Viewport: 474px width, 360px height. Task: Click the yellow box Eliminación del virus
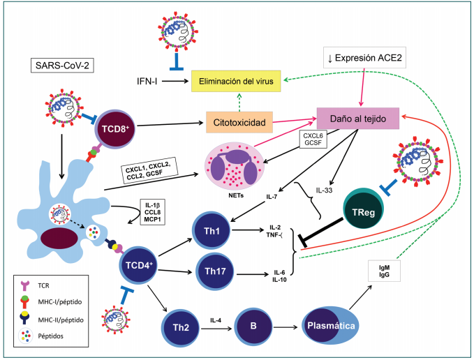(237, 82)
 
